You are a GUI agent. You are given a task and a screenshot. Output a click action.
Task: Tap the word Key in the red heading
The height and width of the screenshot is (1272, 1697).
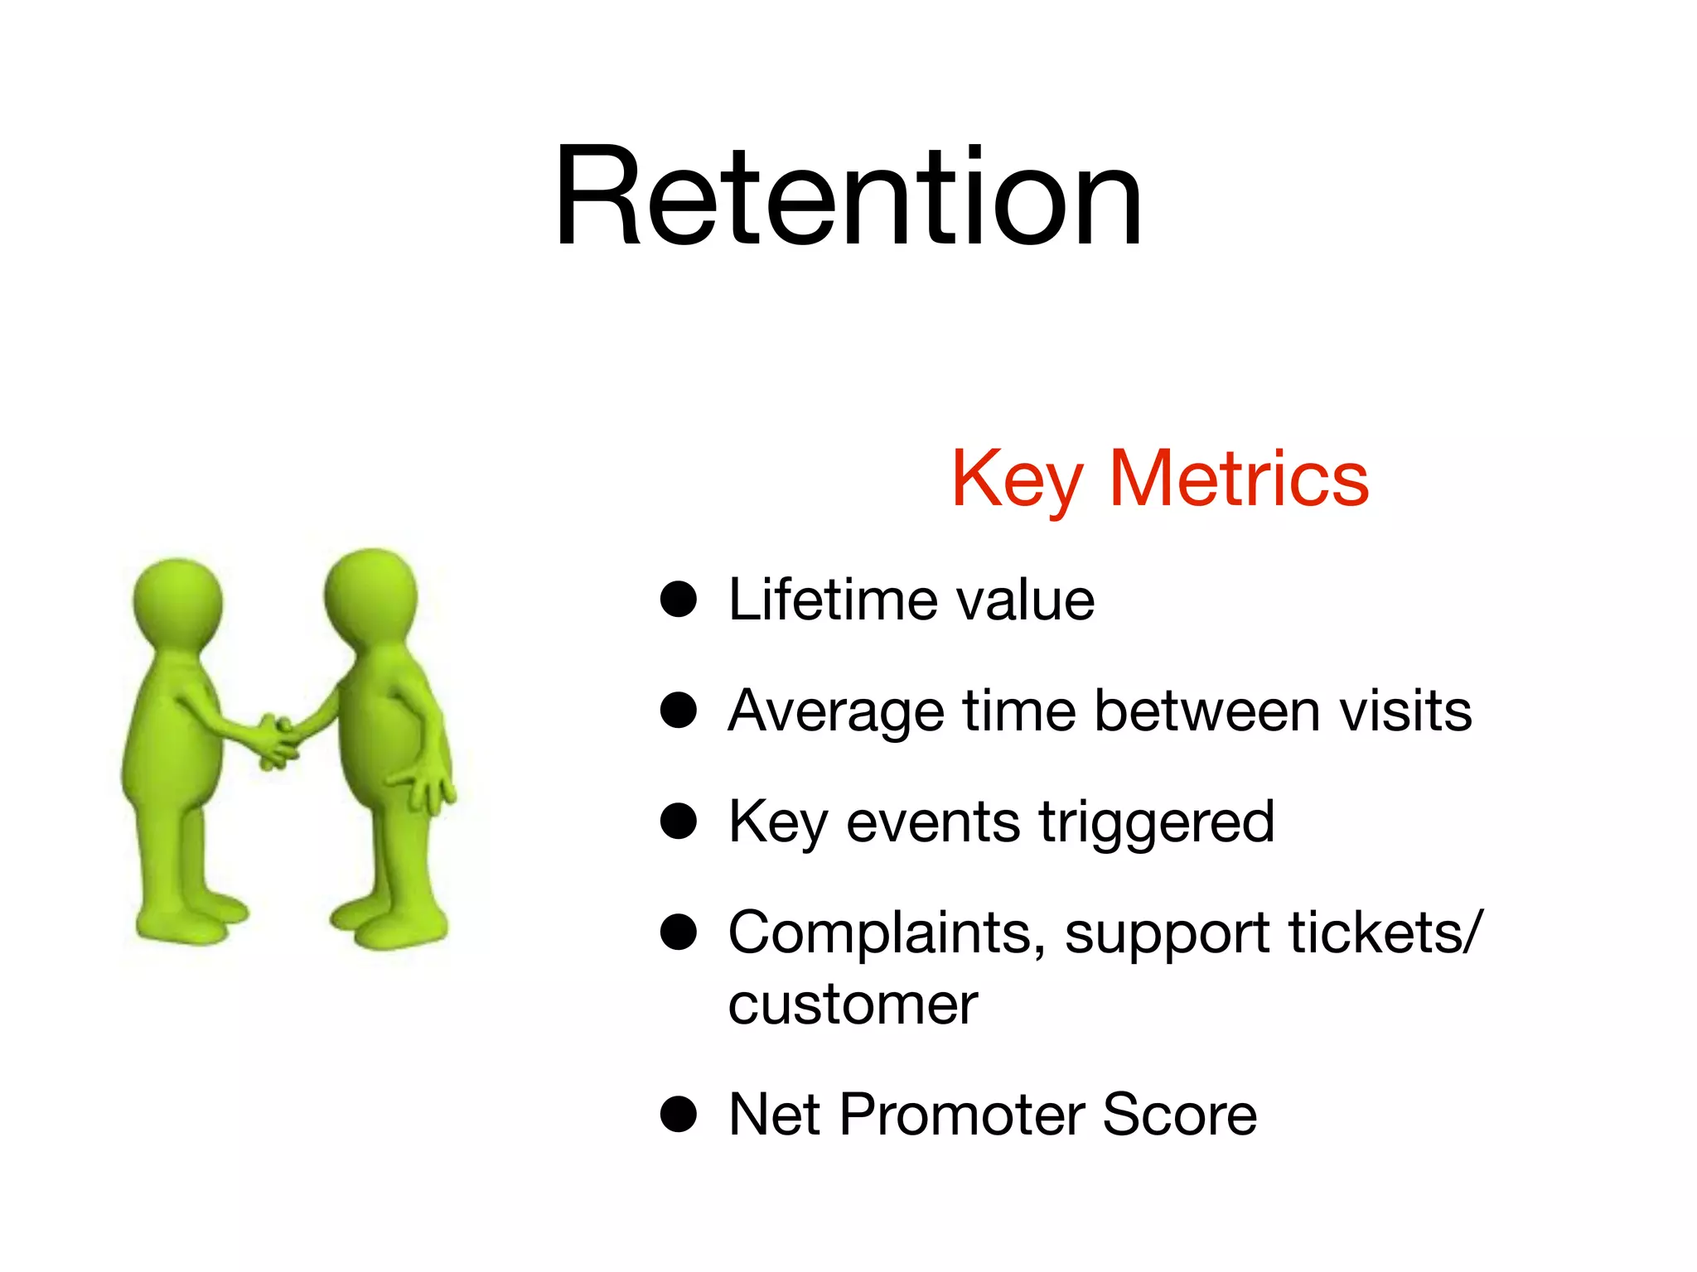1017,479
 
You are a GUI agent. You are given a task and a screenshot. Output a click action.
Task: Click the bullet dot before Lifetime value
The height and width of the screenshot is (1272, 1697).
678,599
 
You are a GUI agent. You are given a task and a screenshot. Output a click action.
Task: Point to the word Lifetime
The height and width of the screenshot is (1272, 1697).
832,599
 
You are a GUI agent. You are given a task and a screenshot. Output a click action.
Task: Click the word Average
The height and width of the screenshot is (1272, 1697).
835,711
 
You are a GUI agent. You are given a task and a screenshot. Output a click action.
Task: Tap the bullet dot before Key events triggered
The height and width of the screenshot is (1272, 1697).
678,821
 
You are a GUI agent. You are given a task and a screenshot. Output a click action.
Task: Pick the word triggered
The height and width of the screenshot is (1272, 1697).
1157,823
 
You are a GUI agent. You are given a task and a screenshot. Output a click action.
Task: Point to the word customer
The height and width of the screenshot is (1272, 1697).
853,1005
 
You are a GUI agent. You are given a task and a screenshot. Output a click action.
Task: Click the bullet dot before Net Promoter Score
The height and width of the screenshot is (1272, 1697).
678,1114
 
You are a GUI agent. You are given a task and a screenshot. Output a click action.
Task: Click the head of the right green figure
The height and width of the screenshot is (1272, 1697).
370,593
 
